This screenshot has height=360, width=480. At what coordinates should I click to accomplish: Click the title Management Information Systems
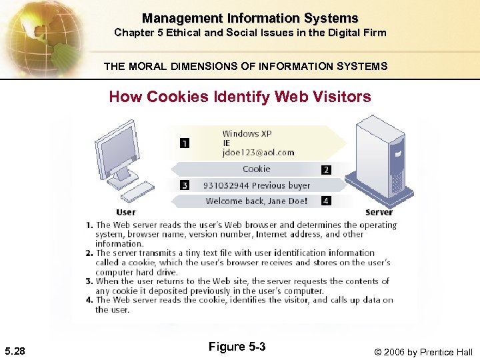(x=250, y=19)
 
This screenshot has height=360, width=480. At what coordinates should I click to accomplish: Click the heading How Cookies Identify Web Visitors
(x=240, y=97)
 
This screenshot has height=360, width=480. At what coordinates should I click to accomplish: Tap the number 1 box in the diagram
(x=184, y=143)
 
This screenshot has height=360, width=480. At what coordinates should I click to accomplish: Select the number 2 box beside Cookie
(x=326, y=170)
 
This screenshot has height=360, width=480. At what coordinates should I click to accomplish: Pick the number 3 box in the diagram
(x=184, y=185)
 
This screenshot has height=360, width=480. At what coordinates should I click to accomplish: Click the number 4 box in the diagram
(x=326, y=200)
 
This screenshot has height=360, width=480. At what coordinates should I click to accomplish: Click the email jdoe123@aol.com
(x=258, y=153)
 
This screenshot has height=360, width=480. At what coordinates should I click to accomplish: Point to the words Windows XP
(x=247, y=133)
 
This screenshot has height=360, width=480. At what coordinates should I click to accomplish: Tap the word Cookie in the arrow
(x=256, y=169)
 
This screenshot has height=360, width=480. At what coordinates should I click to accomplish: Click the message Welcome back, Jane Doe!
(x=256, y=201)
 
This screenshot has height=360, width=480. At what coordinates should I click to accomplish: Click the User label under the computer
(x=125, y=213)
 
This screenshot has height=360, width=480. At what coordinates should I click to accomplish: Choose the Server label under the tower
(x=379, y=213)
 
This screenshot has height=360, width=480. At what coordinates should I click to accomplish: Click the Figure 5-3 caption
(x=237, y=347)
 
